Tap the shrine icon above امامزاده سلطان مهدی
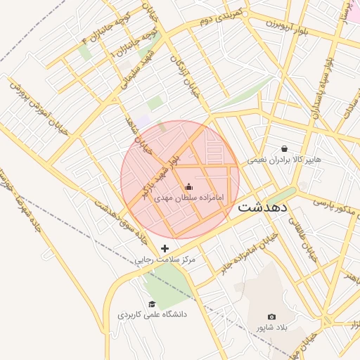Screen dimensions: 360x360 [x=188, y=186]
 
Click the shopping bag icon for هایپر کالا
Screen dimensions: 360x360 [x=284, y=148]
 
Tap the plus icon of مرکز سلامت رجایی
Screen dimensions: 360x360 [x=165, y=248]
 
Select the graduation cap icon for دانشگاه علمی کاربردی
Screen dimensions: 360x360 [x=152, y=304]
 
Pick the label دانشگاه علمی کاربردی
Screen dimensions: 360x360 [x=152, y=315]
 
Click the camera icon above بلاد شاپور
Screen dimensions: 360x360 [x=272, y=317]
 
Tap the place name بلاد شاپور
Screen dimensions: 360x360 [x=271, y=328]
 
